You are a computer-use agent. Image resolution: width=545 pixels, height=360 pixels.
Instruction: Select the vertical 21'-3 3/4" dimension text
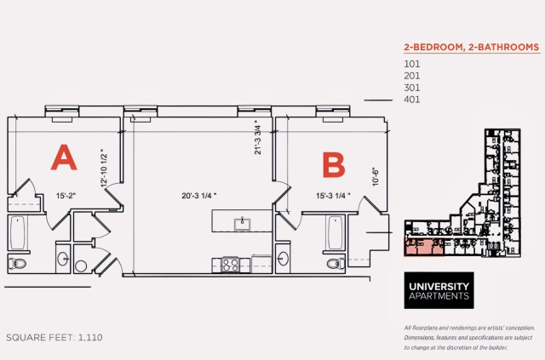(255, 135)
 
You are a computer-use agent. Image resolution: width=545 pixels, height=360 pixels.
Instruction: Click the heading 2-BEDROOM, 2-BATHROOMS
(470, 48)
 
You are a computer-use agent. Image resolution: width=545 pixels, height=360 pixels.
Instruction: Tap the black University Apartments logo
(438, 290)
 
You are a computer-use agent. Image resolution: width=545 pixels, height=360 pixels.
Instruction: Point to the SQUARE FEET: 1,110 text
(54, 338)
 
